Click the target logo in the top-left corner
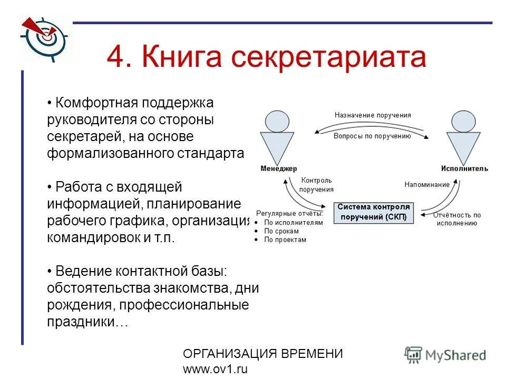point(45,36)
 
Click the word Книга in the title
point(179,57)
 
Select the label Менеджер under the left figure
point(278,168)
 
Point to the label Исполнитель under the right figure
point(464,168)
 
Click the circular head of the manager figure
point(278,122)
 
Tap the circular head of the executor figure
point(463,122)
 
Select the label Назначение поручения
point(373,115)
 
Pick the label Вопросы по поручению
point(372,136)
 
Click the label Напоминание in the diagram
point(427,185)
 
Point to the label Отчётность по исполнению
point(456,219)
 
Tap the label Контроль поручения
point(316,185)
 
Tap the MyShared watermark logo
point(445,355)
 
